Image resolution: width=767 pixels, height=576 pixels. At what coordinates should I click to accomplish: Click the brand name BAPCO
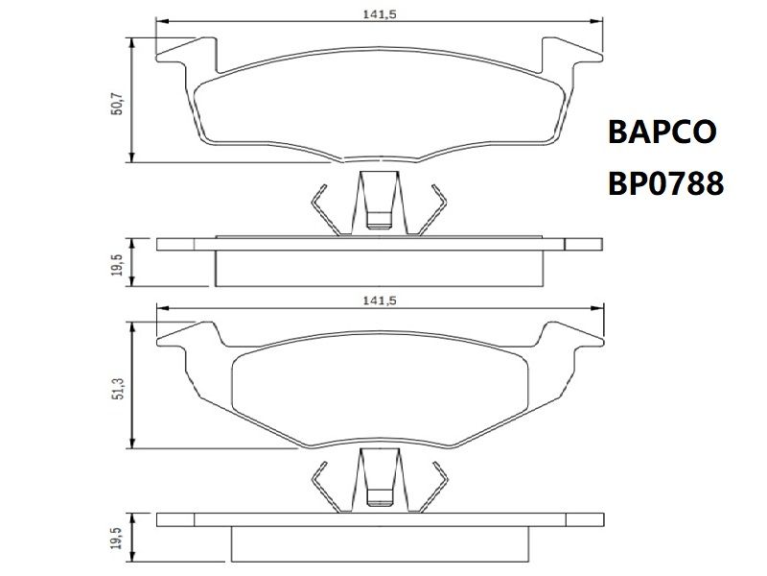coord(662,132)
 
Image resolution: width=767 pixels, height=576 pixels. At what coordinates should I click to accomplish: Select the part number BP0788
coord(665,183)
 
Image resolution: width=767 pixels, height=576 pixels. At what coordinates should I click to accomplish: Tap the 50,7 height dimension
coord(118,104)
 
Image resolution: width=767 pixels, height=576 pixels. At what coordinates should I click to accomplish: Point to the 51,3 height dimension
coord(118,389)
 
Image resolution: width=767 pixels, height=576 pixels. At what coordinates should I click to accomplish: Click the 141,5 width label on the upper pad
coord(379,14)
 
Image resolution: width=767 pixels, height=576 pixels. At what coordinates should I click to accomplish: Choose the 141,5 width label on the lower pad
coord(379,300)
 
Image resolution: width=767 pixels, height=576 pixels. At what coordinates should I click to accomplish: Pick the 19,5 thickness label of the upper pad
coord(117,265)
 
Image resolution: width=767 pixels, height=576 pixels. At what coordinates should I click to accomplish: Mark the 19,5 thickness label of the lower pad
coord(117,539)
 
